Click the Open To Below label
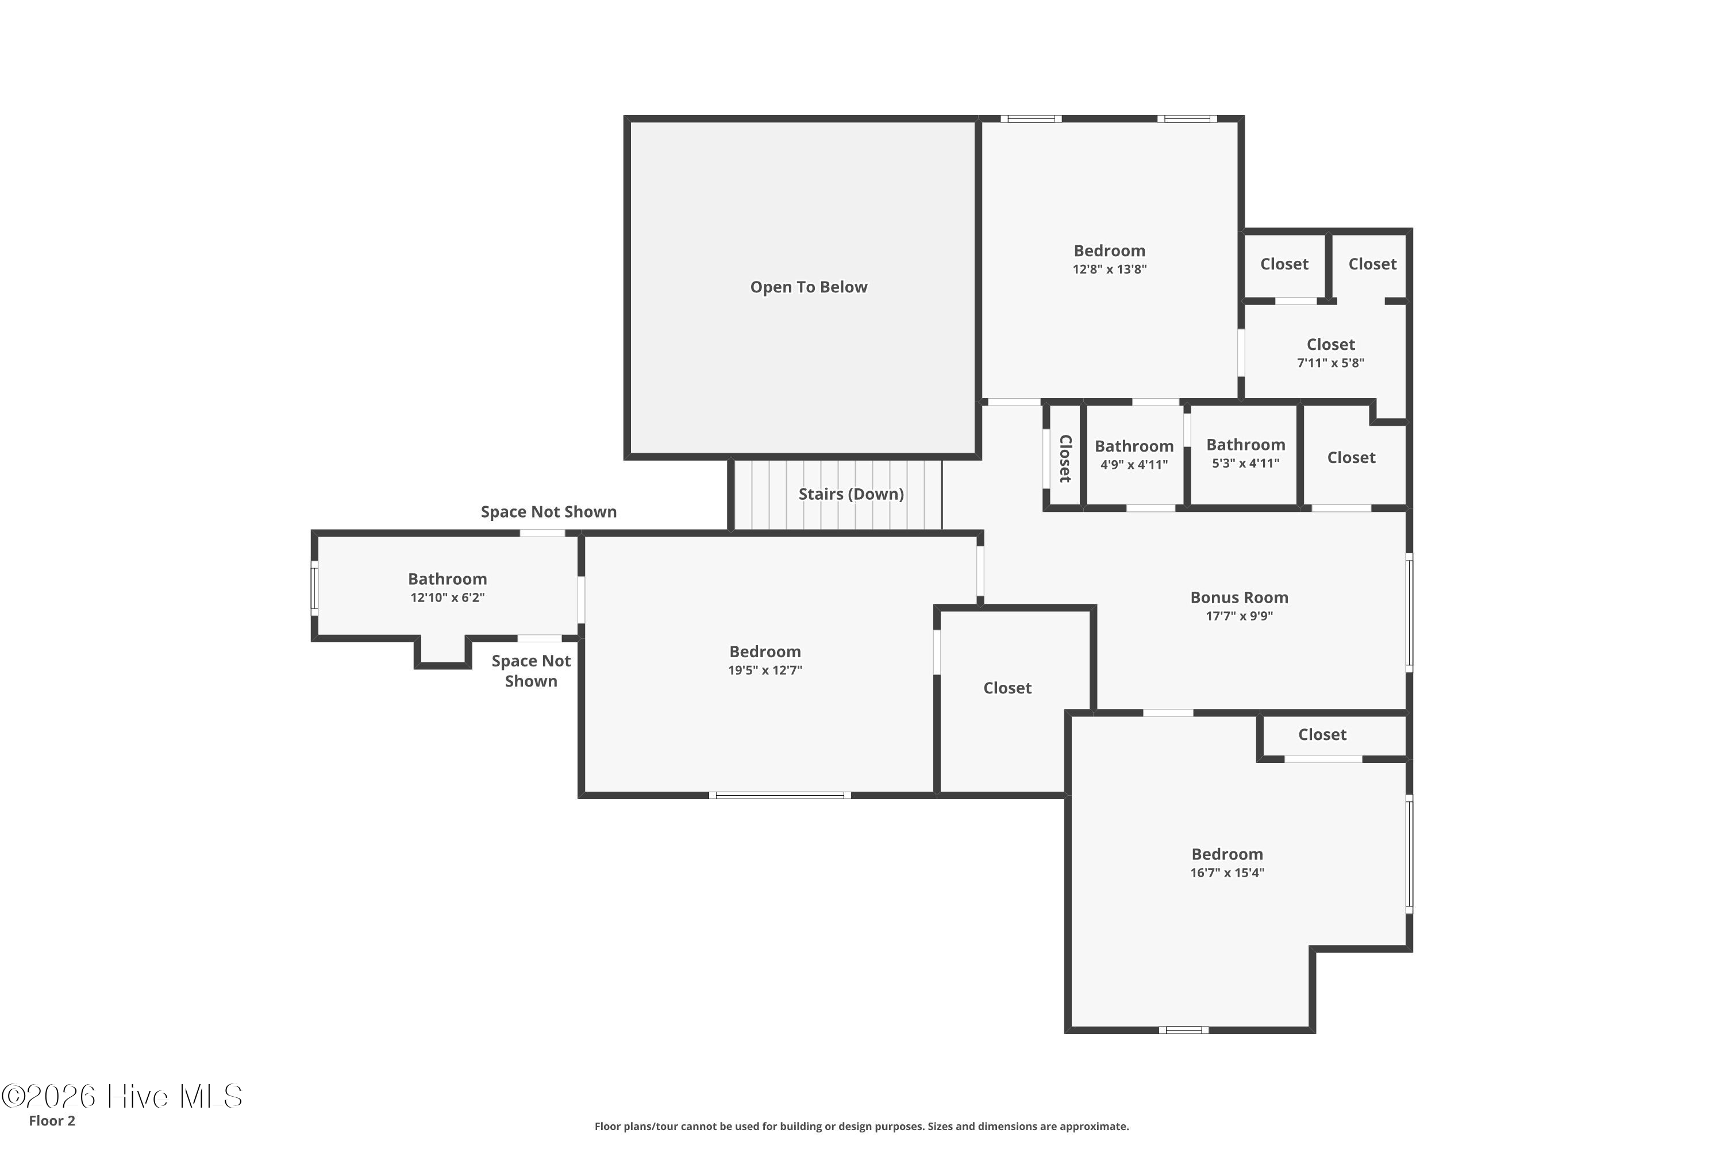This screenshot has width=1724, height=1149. [809, 287]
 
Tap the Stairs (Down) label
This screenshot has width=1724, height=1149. [851, 494]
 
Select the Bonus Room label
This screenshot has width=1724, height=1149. [1239, 597]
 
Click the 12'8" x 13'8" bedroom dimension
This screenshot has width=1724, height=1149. [1109, 269]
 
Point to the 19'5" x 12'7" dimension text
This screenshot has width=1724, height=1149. [764, 670]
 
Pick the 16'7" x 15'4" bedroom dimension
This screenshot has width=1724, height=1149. [1227, 872]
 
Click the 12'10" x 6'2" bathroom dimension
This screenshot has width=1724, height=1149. [447, 597]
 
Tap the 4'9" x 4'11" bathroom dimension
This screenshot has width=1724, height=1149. [1134, 464]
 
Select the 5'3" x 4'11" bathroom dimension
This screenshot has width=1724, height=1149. [1245, 462]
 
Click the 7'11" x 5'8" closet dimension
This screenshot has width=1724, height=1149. [1330, 362]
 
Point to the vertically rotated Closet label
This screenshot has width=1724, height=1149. [1065, 458]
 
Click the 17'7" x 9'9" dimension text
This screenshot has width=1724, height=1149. [1239, 615]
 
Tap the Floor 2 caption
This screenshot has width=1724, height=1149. [52, 1120]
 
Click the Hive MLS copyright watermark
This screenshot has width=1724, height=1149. [122, 1096]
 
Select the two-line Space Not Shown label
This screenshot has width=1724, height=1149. [530, 670]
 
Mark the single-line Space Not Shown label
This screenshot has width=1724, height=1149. [548, 511]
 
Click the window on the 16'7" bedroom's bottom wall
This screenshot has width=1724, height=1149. [1183, 1030]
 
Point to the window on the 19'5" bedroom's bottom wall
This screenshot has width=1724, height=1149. [780, 795]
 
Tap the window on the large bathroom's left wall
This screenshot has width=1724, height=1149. [314, 588]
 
